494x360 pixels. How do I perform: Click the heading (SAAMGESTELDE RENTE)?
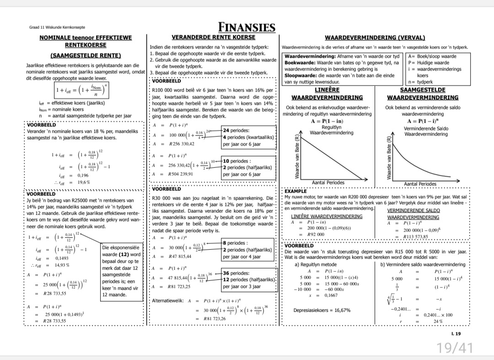click(x=85, y=56)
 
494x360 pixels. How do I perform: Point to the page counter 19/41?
click(x=454, y=348)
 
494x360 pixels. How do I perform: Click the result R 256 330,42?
click(x=182, y=144)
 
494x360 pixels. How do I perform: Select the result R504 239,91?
click(x=181, y=174)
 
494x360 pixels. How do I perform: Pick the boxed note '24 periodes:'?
click(x=236, y=130)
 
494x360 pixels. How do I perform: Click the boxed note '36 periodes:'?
click(x=236, y=273)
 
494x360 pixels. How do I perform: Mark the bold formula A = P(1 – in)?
click(x=326, y=121)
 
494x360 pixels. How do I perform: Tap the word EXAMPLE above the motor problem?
click(x=295, y=191)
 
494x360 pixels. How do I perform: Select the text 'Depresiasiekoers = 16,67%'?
click(x=322, y=311)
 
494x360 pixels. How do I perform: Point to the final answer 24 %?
click(x=438, y=321)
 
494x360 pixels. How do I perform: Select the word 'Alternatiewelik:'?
click(x=168, y=301)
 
